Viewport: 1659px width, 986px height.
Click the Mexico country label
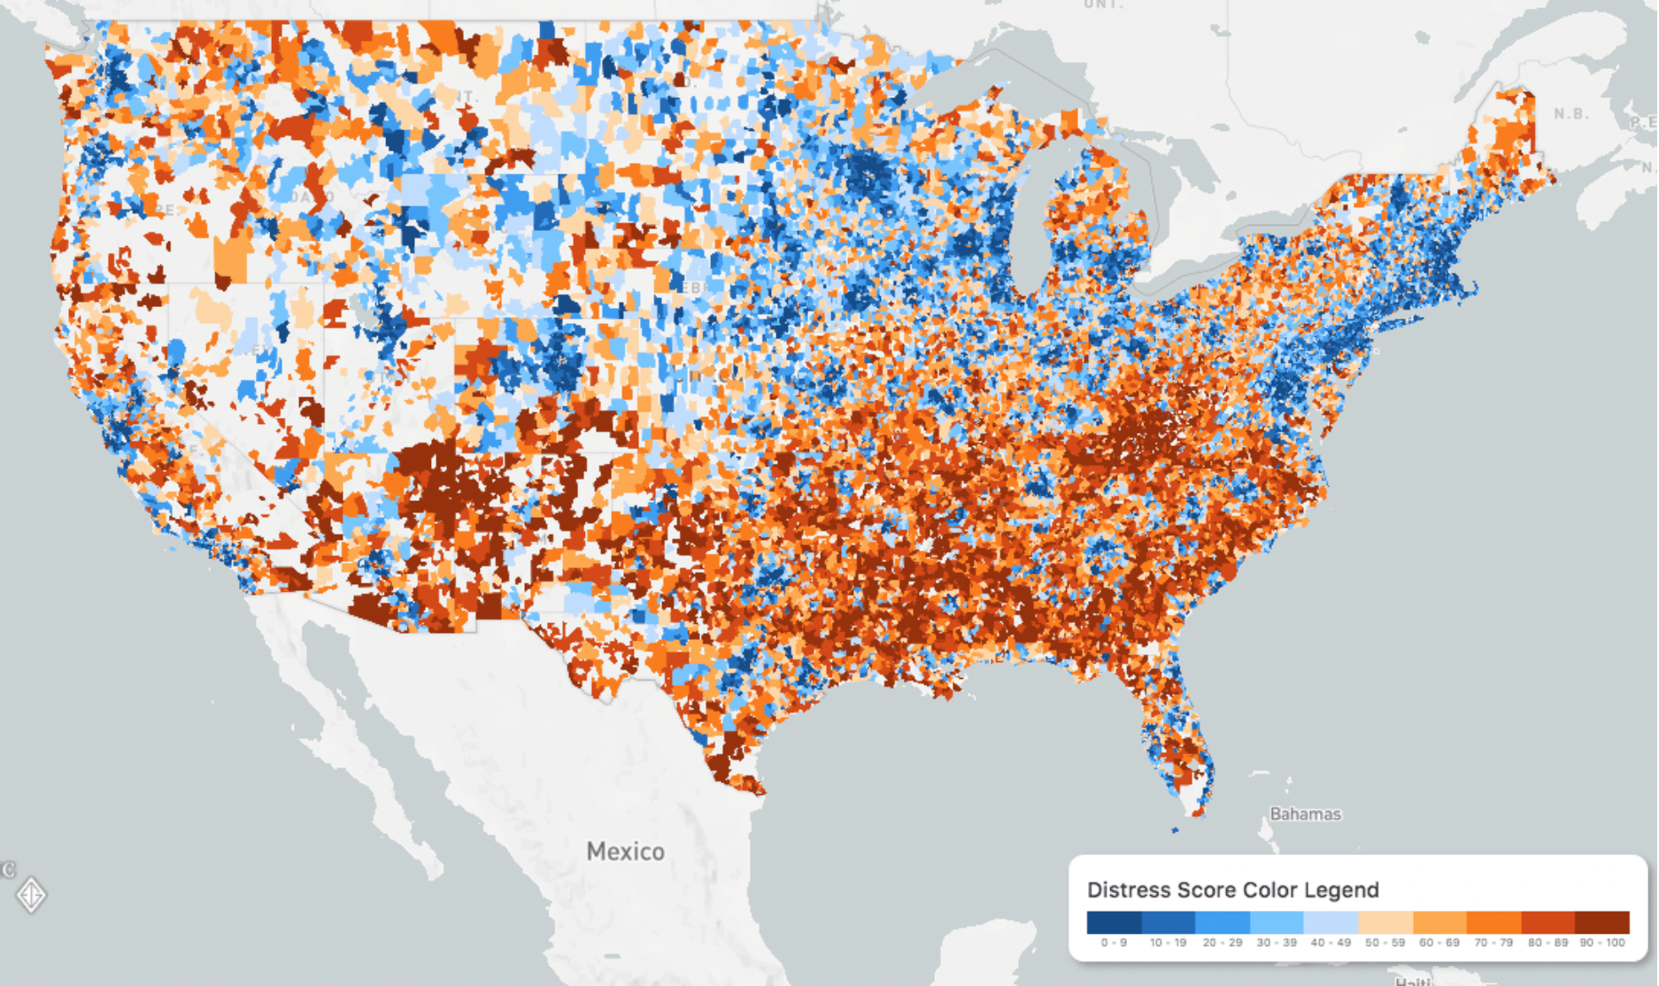click(x=625, y=851)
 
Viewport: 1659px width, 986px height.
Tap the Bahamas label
click(x=1305, y=813)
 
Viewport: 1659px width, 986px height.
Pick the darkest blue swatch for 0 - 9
click(x=1114, y=922)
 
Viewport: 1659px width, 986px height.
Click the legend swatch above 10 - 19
click(x=1168, y=922)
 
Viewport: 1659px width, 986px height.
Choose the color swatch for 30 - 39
click(x=1277, y=922)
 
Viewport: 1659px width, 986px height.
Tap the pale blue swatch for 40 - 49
click(x=1331, y=922)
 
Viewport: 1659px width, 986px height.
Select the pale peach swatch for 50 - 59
click(x=1385, y=922)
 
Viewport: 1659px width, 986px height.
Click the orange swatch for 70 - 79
click(x=1493, y=922)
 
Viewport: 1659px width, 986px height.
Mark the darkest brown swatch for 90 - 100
click(x=1602, y=922)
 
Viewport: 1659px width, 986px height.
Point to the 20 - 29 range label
click(x=1222, y=943)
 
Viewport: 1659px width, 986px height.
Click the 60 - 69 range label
click(x=1439, y=943)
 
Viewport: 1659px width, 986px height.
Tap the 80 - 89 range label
click(x=1547, y=943)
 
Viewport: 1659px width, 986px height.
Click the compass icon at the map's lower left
click(x=32, y=895)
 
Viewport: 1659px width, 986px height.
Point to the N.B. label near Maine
click(x=1570, y=114)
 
